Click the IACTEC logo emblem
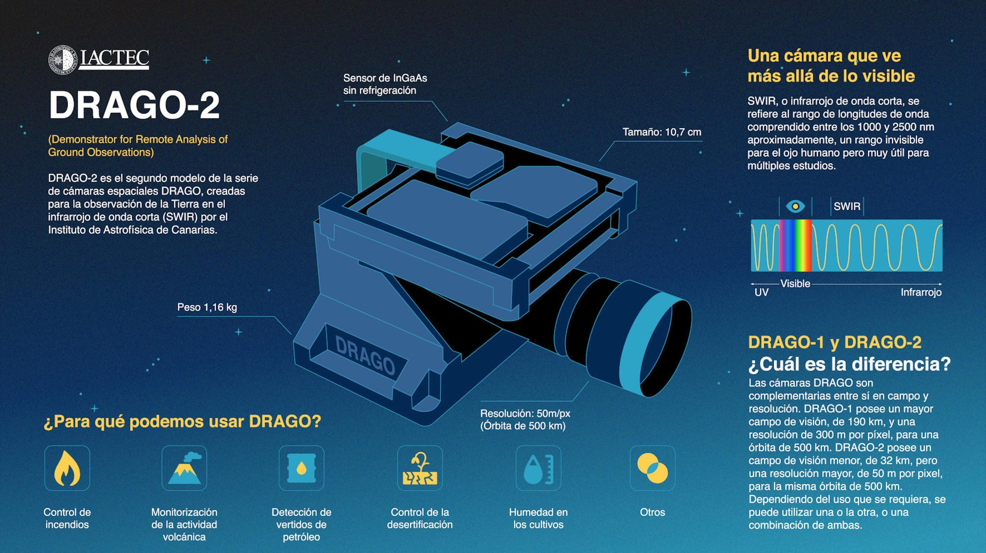coord(63,60)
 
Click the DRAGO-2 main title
coord(134,105)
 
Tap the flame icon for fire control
coord(67,468)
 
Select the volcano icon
coord(184,468)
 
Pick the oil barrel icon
coord(301,468)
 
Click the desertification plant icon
coord(420,468)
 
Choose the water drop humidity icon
coord(538,468)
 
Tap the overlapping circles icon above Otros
coord(652,468)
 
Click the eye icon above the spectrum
coord(795,206)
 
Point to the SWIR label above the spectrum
coord(846,207)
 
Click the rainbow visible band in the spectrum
coord(795,245)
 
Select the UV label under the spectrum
coord(761,292)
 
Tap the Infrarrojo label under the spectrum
coord(921,292)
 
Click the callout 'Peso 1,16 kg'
coord(207,308)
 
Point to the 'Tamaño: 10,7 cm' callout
coord(662,132)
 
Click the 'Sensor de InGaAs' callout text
coord(385,78)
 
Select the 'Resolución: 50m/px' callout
coord(525,414)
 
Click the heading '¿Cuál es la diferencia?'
coord(849,364)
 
